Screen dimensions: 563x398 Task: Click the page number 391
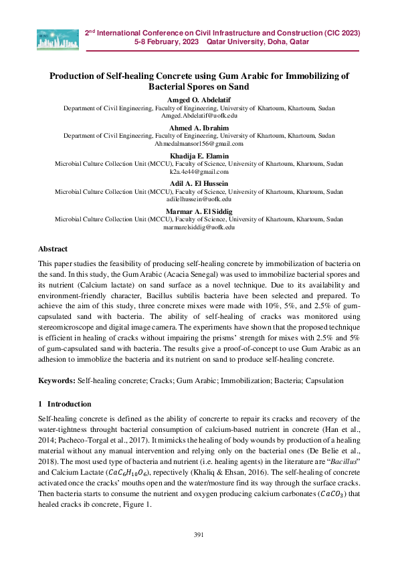tap(199, 534)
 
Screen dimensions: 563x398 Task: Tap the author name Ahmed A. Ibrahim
tap(199, 128)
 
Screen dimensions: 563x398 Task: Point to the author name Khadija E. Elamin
tap(199, 156)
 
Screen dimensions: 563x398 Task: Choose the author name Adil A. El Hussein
tap(199, 183)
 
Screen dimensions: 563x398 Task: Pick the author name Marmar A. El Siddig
tap(199, 211)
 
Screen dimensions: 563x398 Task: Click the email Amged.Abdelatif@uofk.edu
tap(199, 115)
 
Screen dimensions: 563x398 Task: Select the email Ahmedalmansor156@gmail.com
tap(199, 143)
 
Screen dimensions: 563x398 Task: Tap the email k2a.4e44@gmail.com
tap(199, 171)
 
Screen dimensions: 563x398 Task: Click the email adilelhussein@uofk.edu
tap(199, 199)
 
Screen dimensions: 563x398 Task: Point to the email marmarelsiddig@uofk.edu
tap(199, 227)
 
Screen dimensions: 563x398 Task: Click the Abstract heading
tap(53, 248)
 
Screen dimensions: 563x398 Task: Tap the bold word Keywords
tap(57, 380)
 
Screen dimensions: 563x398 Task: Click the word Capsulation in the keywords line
tap(324, 380)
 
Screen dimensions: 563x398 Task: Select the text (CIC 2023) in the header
tap(334, 32)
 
